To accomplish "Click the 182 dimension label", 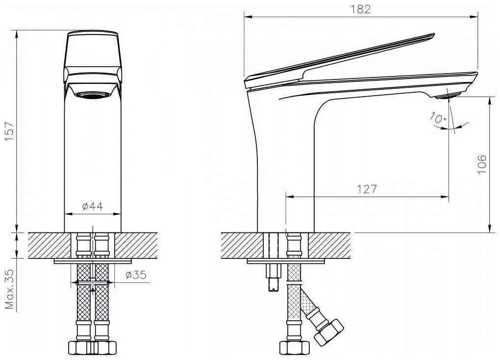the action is point(361,9).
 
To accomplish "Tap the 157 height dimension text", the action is point(10,131).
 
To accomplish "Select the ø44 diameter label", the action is point(93,206).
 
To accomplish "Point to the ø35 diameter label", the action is point(136,275).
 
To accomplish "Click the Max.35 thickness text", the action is point(10,289).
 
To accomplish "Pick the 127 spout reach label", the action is point(367,189).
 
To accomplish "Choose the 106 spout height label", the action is point(482,164).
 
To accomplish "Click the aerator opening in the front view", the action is point(93,95).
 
